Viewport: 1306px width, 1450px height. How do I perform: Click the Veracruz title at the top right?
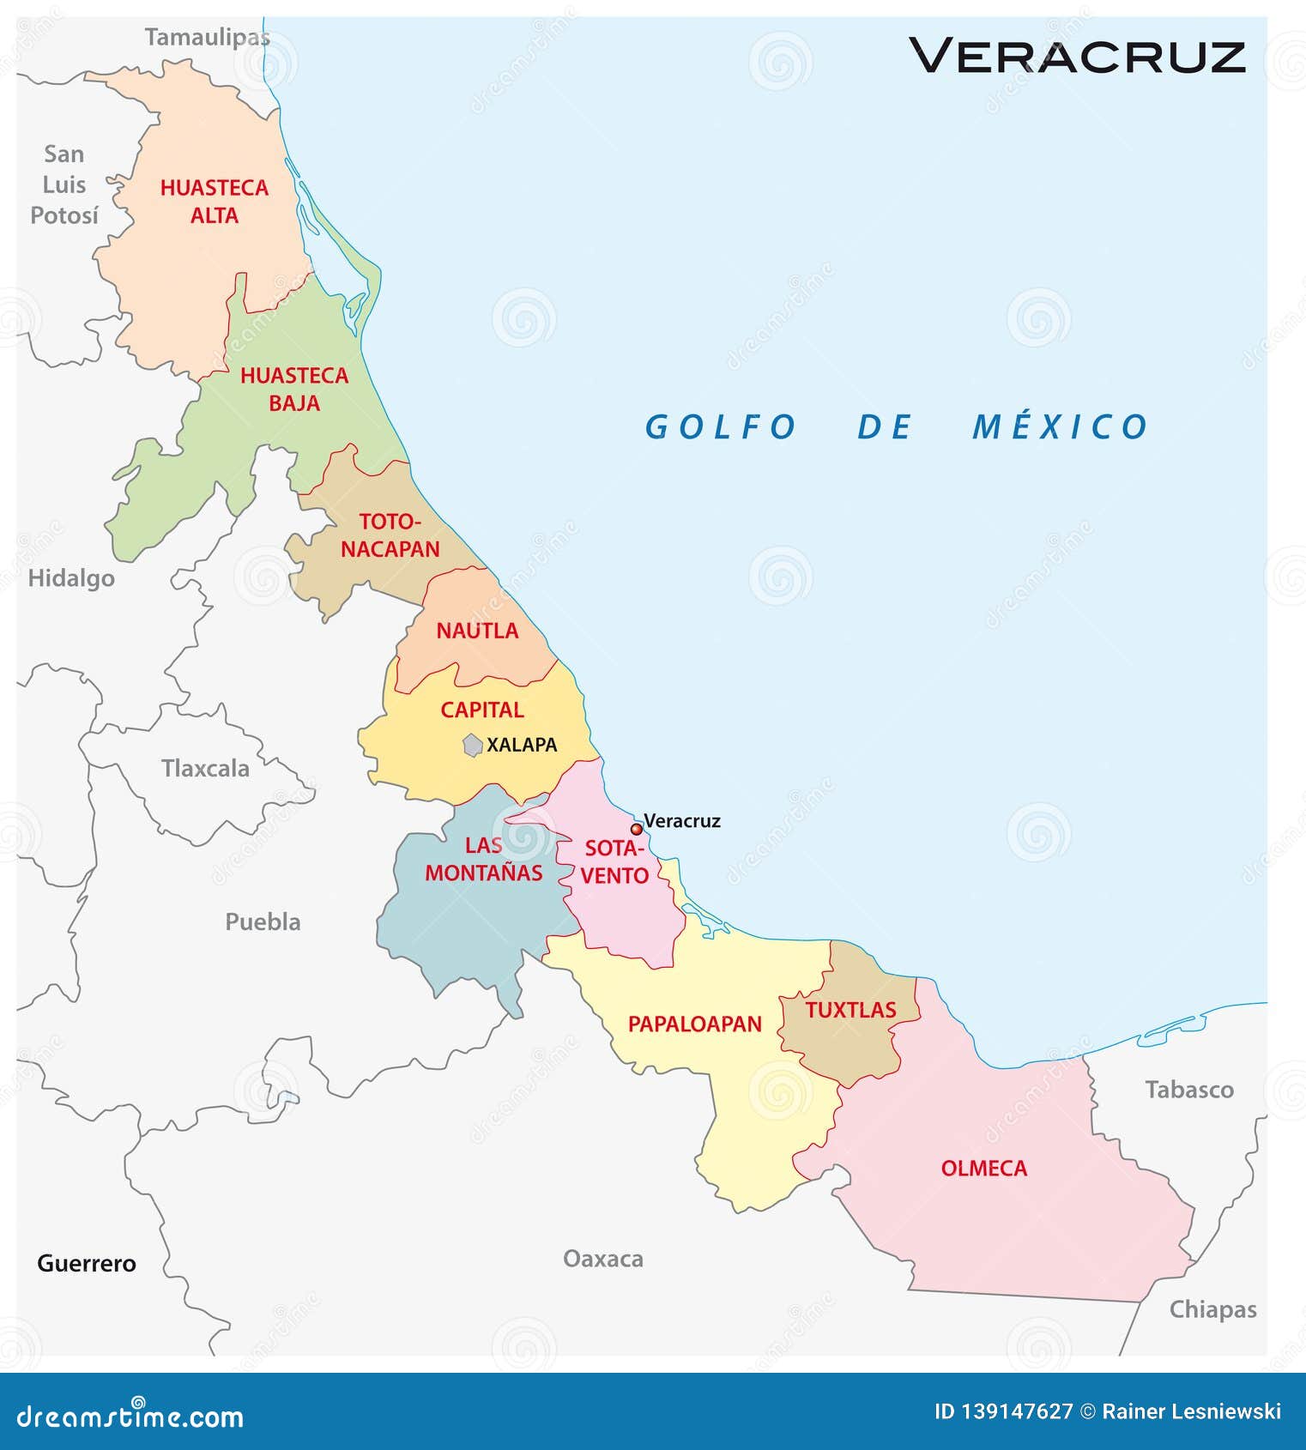[x=1077, y=56]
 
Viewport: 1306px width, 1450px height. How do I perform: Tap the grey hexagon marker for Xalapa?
[x=473, y=745]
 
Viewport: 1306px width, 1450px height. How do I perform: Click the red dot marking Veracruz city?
[x=636, y=829]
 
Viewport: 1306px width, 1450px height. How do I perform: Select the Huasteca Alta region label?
[x=215, y=202]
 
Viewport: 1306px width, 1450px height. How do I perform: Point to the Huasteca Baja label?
[x=294, y=389]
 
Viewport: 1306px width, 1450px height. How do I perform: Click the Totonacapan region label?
[x=390, y=535]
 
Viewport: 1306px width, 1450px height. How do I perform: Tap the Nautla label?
[x=477, y=631]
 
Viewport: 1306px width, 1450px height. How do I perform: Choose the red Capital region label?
[x=482, y=710]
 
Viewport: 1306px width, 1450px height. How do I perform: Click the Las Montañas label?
[x=484, y=859]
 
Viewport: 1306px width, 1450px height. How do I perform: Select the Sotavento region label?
[x=614, y=861]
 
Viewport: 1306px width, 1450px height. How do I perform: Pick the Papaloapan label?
[x=695, y=1024]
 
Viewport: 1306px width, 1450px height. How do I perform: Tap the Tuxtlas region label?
[x=850, y=1010]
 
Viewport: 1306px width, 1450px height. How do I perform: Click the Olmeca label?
[x=983, y=1168]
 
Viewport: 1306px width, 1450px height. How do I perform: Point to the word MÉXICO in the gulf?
[x=1060, y=426]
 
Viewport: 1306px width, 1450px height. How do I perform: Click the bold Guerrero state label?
[x=87, y=1263]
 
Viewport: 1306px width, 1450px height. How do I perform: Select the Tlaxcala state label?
[x=205, y=768]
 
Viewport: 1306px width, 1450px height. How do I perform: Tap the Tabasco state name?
[x=1189, y=1090]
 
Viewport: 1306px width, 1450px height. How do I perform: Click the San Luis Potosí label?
[x=64, y=184]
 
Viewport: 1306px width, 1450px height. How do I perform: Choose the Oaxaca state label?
[x=603, y=1259]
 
